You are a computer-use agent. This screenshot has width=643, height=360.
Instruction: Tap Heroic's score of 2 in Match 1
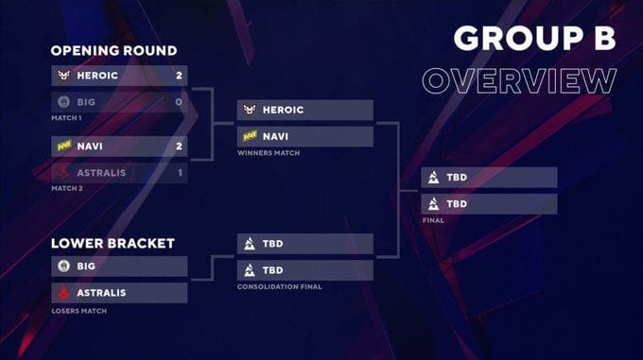tap(178, 74)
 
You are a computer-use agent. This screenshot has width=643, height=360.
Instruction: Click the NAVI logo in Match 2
tap(63, 146)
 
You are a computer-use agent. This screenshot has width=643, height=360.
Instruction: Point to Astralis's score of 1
tap(178, 172)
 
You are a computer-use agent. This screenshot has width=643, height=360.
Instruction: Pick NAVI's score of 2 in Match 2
tap(178, 146)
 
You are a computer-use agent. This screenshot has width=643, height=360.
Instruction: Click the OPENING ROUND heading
tap(113, 50)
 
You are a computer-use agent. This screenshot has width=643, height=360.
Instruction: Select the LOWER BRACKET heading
tap(113, 243)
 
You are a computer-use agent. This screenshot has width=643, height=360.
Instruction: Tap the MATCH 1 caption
tap(67, 117)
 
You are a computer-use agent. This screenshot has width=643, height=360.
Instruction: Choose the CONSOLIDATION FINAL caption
tap(279, 286)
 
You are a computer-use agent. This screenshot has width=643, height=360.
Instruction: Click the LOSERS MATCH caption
tap(78, 310)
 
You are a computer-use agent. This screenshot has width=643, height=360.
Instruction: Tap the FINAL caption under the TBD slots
tap(434, 221)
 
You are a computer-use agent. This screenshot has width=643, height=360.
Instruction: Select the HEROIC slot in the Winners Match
tap(304, 110)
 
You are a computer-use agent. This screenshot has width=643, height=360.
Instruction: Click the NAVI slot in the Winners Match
tap(304, 136)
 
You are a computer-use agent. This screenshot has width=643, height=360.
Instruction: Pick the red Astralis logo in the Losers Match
tap(63, 292)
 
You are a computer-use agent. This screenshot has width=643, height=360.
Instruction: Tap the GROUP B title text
tap(534, 37)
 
